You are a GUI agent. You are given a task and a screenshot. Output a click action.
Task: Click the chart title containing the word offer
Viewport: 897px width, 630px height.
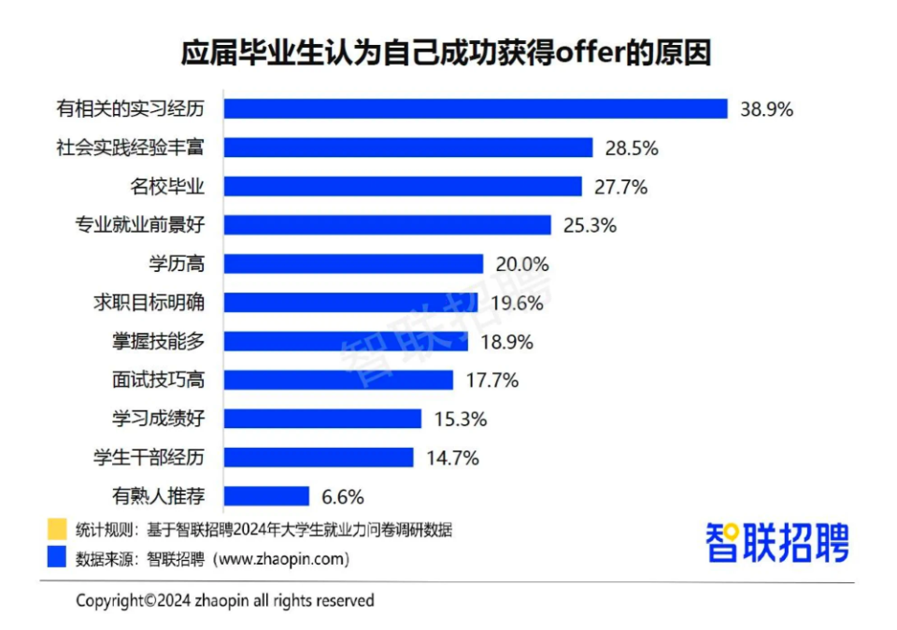pos(446,53)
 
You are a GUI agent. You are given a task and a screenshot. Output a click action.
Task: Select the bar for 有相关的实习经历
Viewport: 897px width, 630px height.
pos(476,108)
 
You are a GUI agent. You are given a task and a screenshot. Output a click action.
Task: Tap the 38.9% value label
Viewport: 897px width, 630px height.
pos(766,108)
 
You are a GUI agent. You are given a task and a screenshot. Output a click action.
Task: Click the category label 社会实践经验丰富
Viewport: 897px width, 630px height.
pos(141,148)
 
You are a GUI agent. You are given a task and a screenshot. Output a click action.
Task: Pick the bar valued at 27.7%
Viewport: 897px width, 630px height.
pos(403,186)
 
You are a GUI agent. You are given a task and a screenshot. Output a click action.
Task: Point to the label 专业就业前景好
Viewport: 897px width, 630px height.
pos(141,225)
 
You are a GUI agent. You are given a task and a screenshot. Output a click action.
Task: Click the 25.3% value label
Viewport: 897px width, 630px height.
pos(590,225)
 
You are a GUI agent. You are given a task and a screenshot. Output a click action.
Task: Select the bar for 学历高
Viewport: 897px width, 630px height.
pos(353,264)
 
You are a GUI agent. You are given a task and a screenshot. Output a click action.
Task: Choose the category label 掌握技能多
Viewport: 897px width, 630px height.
pos(157,341)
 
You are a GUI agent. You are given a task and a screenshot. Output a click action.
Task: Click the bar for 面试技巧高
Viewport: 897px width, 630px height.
pos(338,379)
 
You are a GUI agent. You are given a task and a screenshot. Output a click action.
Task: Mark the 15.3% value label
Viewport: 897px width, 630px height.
pos(460,419)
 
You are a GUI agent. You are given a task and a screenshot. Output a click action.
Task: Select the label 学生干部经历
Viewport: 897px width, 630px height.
pos(149,457)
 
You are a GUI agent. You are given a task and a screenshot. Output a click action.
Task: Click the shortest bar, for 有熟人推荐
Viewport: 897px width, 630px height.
pos(266,496)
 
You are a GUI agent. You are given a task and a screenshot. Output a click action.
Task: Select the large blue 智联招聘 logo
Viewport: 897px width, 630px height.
pos(777,542)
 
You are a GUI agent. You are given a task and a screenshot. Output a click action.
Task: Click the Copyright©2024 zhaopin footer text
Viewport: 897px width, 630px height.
pos(224,600)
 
